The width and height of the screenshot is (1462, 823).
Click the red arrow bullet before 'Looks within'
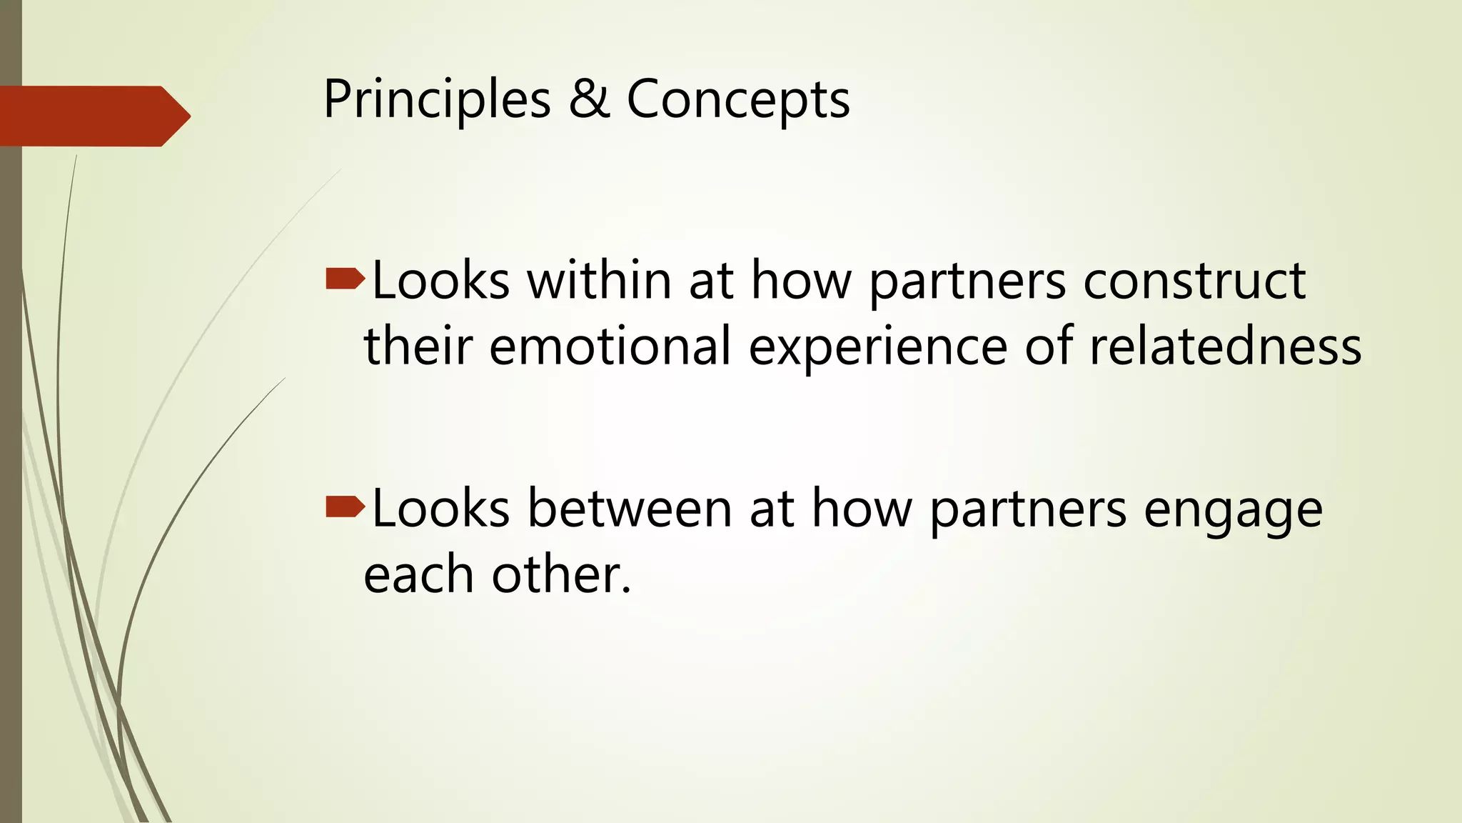click(x=345, y=279)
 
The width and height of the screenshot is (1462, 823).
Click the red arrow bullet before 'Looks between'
click(x=345, y=507)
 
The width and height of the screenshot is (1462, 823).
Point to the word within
click(x=600, y=280)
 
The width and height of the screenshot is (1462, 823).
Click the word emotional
click(x=610, y=346)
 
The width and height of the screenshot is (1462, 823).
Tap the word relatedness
click(x=1225, y=346)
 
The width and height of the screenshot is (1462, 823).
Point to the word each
click(x=418, y=574)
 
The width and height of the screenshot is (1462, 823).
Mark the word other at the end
click(x=561, y=574)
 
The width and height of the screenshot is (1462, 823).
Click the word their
click(x=418, y=346)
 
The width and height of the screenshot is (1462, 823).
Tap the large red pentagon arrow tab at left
click(x=93, y=116)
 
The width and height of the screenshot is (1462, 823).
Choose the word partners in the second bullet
click(x=1028, y=509)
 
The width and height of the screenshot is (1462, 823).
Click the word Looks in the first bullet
click(x=440, y=280)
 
